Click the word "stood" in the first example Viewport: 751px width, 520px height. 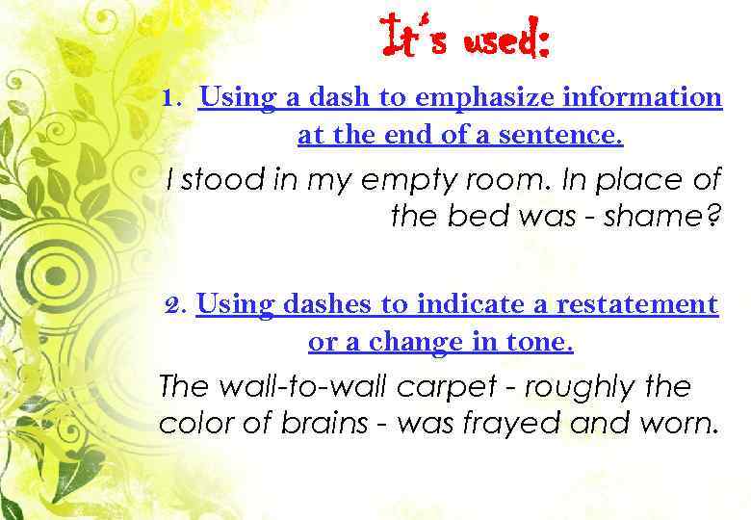coord(211,180)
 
